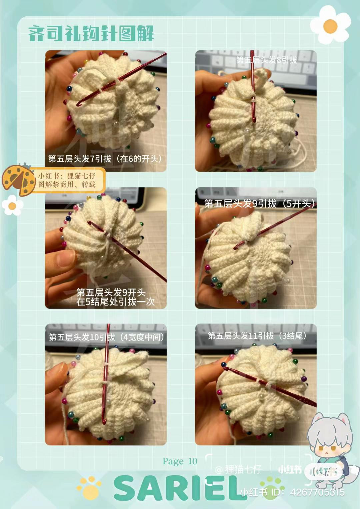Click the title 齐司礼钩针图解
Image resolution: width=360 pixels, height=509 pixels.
[91, 34]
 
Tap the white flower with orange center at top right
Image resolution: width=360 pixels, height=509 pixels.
[330, 25]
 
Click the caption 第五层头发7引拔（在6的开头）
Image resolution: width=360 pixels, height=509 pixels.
[105, 159]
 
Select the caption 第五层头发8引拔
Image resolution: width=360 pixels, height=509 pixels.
[267, 60]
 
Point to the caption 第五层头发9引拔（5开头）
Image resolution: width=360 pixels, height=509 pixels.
[260, 203]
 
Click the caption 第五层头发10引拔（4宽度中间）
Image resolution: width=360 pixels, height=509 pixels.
[106, 337]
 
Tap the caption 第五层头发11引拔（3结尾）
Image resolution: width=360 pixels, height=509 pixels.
[257, 336]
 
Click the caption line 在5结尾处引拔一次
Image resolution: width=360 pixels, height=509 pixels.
[115, 302]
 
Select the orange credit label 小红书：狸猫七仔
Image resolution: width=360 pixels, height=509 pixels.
[67, 180]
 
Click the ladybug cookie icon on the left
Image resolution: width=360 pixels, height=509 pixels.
[19, 180]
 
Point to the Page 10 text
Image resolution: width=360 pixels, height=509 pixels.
[180, 461]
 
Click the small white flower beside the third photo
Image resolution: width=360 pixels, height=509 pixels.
[12, 206]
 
